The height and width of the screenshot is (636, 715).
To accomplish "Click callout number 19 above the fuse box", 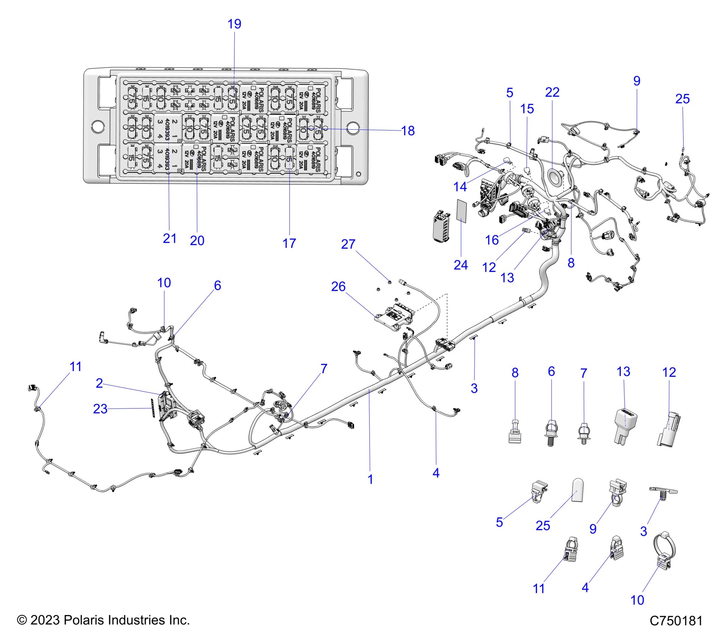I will (234, 24).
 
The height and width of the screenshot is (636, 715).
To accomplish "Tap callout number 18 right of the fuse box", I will (408, 131).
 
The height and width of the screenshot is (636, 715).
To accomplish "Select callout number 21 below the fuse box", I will (169, 238).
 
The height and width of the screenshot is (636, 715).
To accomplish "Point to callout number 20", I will (197, 240).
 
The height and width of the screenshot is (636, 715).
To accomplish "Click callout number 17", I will (289, 243).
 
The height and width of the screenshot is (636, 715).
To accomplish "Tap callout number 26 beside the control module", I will (338, 287).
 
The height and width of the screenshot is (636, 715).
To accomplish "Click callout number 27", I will (348, 244).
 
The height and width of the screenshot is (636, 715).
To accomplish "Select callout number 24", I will (460, 265).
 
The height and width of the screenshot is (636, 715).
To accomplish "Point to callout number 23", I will (100, 409).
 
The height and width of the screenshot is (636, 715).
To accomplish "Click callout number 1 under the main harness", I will (370, 479).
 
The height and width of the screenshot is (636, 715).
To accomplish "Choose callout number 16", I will (492, 240).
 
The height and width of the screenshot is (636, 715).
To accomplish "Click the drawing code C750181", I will (676, 620).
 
